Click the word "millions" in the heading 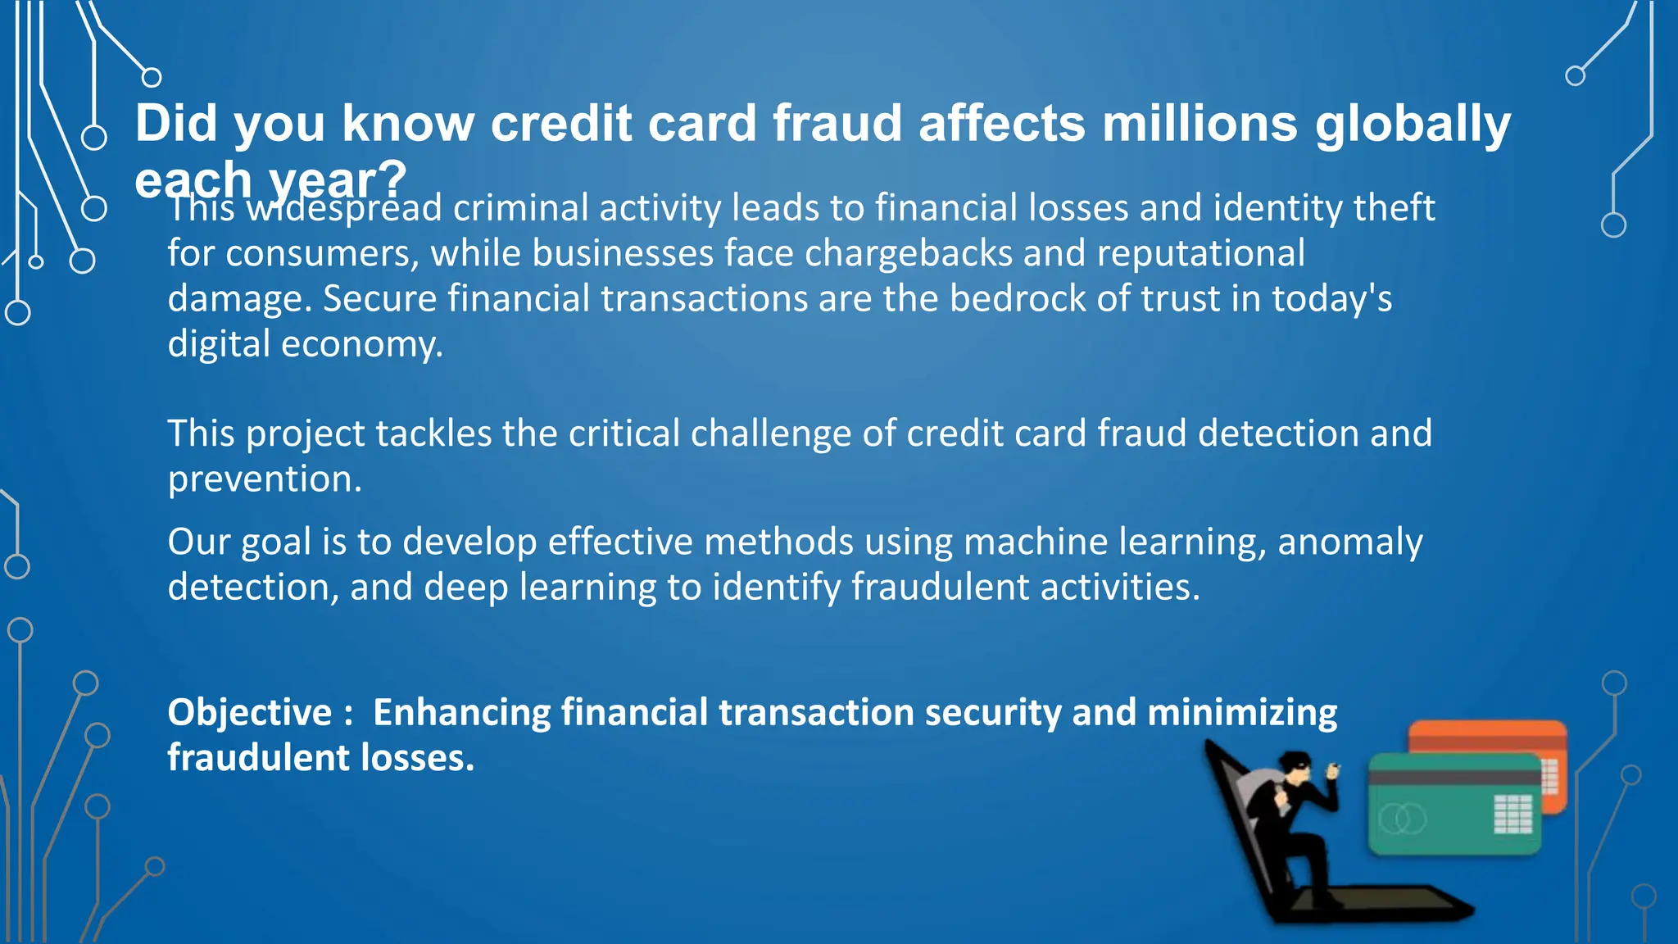[1200, 124]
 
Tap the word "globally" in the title [1413, 125]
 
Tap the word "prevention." [265, 479]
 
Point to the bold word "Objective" [250, 712]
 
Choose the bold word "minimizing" [1242, 713]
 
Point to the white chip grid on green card [1512, 813]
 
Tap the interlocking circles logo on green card [1402, 818]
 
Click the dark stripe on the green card [1454, 777]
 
